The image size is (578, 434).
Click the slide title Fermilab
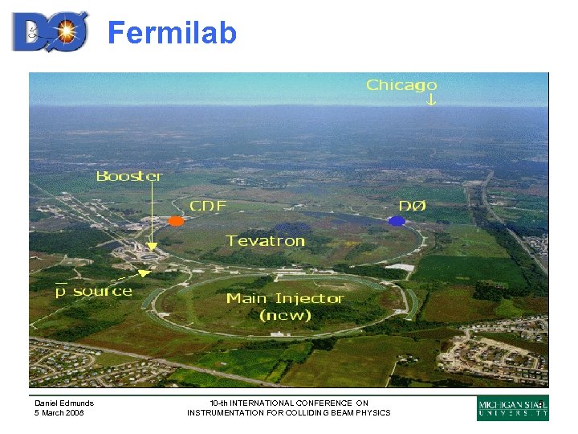point(172,34)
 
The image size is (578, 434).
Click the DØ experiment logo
point(50,31)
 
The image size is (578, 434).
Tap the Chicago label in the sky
point(401,84)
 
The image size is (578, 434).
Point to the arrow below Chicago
point(431,100)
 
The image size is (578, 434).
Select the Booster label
point(128,176)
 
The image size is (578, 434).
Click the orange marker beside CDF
point(176,220)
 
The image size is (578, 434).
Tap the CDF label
point(207,207)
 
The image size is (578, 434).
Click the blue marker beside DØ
point(396,220)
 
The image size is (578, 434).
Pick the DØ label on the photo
point(413,207)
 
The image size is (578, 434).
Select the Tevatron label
point(266,240)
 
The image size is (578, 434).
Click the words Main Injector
point(285,298)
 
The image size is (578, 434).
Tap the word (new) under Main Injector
point(285,315)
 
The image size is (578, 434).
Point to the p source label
point(93,290)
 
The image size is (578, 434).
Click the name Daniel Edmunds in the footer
point(64,403)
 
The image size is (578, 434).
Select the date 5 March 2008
point(59,413)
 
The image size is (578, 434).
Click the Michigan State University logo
point(513,408)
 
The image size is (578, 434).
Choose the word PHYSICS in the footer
point(372,413)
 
